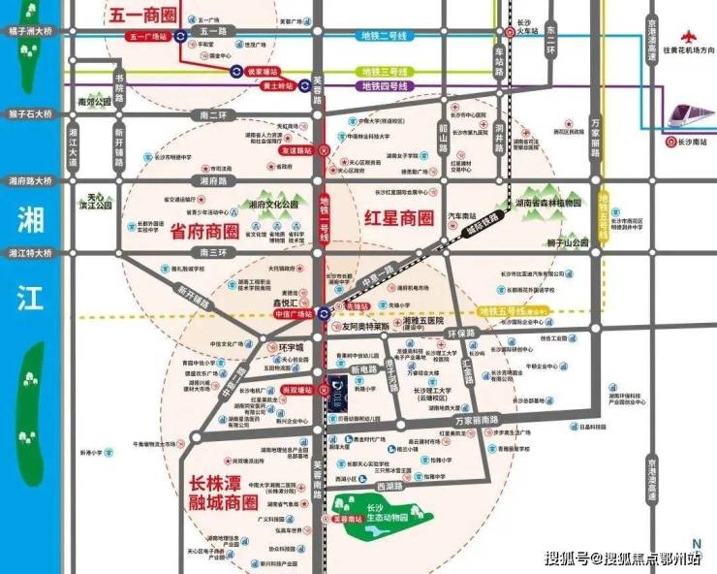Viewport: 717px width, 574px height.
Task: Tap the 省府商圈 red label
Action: [204, 233]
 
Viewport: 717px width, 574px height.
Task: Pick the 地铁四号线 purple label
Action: [386, 86]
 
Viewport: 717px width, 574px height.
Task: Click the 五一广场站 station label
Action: [147, 37]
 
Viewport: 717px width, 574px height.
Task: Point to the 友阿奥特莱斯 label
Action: [364, 327]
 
